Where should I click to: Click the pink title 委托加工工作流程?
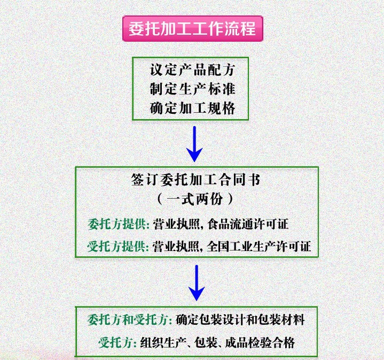click(x=192, y=28)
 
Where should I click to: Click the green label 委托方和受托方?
click(x=130, y=320)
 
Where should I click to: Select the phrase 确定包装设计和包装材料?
click(x=240, y=320)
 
